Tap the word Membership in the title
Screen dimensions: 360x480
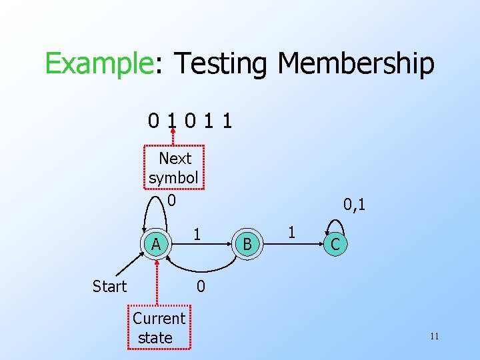click(x=356, y=65)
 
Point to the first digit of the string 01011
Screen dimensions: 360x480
click(x=154, y=121)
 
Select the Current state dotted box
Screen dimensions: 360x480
click(x=159, y=327)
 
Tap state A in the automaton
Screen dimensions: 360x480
click(x=156, y=245)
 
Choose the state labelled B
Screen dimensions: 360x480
click(x=247, y=245)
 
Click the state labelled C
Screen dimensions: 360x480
click(x=335, y=245)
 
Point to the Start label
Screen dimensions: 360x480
click(x=109, y=287)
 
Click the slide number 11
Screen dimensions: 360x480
click(x=434, y=336)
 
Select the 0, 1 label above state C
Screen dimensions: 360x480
click(x=353, y=204)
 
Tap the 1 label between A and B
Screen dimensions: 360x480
click(x=197, y=234)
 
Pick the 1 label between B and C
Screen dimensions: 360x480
click(x=291, y=233)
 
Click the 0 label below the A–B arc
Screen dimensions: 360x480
click(x=200, y=287)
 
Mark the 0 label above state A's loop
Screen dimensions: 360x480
click(x=171, y=199)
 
